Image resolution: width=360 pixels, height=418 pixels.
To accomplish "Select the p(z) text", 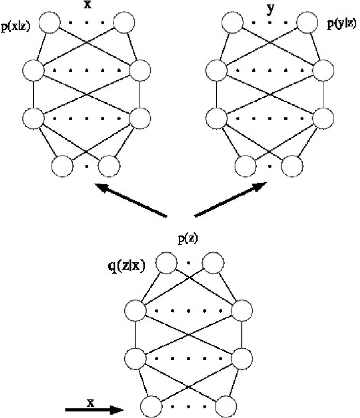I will point(188,239).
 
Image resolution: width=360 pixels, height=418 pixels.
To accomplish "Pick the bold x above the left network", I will point(87,7).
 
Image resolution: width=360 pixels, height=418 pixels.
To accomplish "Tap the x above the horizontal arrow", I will point(90,402).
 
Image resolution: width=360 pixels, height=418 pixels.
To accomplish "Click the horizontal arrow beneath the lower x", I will point(93,411).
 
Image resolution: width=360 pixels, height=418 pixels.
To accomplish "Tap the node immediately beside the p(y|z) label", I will point(308,24).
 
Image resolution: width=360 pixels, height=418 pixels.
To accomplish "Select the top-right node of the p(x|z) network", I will point(124,24).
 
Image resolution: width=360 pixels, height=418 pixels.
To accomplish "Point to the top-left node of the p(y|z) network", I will point(231,24).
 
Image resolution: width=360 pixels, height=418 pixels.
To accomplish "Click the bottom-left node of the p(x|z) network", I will point(62,166).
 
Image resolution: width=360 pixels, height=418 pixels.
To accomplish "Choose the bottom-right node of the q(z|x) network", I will point(226,406).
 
